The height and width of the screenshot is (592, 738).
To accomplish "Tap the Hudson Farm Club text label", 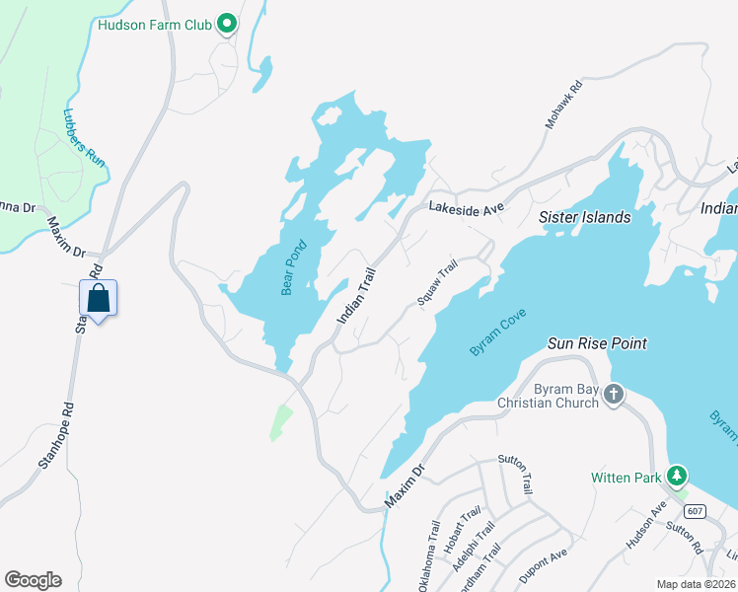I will [155, 25].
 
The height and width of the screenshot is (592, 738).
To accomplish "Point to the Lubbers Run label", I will [85, 136].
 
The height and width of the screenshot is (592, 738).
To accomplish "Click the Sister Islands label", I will [584, 217].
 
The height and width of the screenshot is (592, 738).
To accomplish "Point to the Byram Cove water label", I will [498, 333].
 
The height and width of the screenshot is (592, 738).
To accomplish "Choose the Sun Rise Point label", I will [597, 343].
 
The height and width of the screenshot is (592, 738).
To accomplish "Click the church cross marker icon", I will [614, 395].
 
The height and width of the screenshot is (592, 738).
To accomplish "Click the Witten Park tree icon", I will [677, 477].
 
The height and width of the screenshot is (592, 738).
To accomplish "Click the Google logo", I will [33, 580].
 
